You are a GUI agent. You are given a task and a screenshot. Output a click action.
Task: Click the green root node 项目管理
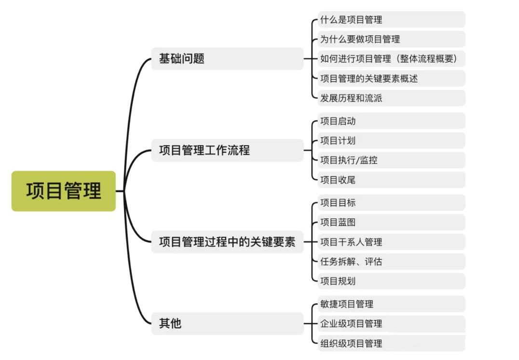64,191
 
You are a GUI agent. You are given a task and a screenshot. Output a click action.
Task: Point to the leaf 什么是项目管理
351,20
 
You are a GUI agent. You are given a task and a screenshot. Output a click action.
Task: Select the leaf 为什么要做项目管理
360,40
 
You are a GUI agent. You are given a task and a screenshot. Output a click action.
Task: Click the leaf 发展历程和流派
351,98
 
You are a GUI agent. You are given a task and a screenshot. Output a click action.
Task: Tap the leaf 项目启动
338,121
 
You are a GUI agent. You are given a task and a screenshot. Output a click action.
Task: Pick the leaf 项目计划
338,141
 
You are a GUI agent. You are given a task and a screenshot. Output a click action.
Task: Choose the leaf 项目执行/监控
349,160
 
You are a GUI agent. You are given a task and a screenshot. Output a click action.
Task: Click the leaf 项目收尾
338,180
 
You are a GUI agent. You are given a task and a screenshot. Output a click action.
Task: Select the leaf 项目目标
338,203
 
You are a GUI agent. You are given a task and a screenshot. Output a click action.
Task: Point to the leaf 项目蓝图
338,222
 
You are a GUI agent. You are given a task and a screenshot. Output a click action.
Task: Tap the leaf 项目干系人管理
351,242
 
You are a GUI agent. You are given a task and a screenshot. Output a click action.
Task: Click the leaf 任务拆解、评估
351,262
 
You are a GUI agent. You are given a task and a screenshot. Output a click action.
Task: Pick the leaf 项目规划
338,281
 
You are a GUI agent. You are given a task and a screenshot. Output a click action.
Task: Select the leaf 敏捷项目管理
346,304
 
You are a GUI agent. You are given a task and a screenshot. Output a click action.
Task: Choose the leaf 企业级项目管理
351,323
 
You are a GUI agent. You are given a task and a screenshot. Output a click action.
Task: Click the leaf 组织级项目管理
351,343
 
